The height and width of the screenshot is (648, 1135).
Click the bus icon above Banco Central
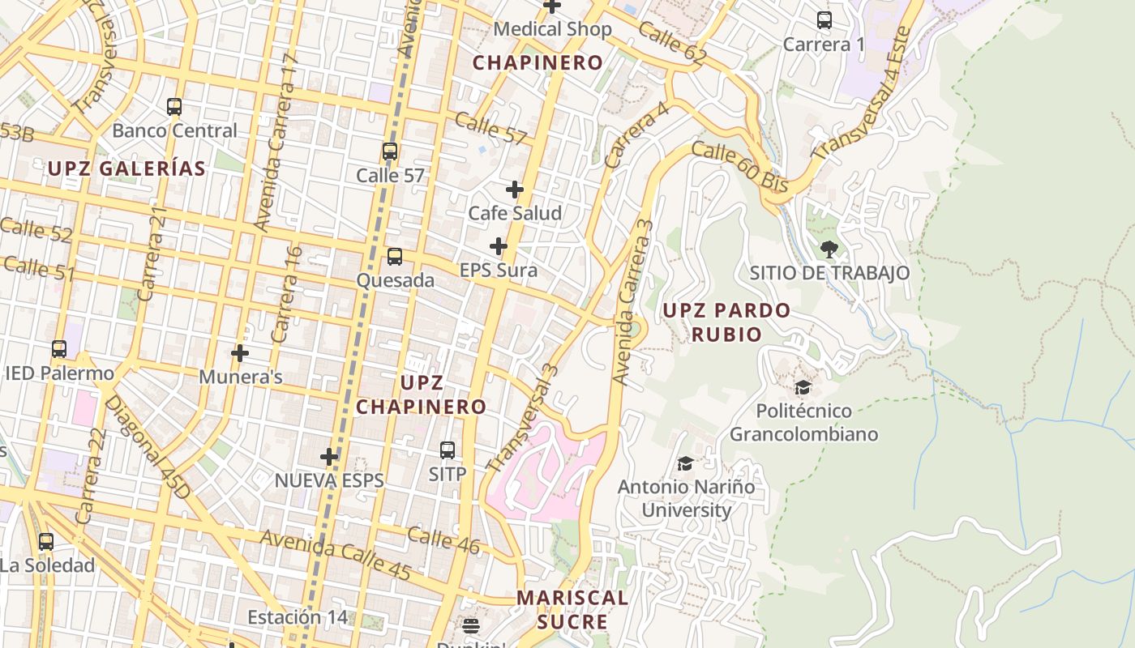pyautogui.click(x=174, y=106)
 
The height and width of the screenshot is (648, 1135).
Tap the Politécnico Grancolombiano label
pyautogui.click(x=803, y=422)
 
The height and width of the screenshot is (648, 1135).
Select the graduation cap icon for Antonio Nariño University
pyautogui.click(x=686, y=464)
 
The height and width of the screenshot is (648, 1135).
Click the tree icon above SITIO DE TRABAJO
pyautogui.click(x=829, y=249)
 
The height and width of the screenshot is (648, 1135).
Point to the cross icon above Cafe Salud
pyautogui.click(x=515, y=190)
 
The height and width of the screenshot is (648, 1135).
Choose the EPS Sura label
pyautogui.click(x=498, y=271)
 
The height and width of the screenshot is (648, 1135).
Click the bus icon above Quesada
pyautogui.click(x=395, y=257)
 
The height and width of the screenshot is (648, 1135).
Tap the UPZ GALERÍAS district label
pyautogui.click(x=126, y=168)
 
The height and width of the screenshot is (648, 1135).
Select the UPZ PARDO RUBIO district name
pyautogui.click(x=726, y=322)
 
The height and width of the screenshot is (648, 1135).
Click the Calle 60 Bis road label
pyautogui.click(x=739, y=168)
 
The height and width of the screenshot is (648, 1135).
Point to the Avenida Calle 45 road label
pyautogui.click(x=336, y=555)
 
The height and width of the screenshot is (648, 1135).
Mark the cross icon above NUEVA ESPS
pyautogui.click(x=329, y=457)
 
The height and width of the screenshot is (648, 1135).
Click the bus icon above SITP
pyautogui.click(x=448, y=450)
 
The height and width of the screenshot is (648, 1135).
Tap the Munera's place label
pyautogui.click(x=241, y=377)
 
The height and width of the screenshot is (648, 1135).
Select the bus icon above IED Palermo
pyautogui.click(x=59, y=349)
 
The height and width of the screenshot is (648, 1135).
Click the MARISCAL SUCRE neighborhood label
pyautogui.click(x=572, y=609)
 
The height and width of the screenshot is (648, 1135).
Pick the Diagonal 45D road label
pyautogui.click(x=148, y=446)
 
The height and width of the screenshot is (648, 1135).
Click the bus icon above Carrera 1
pyautogui.click(x=824, y=20)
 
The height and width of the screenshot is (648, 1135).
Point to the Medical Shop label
pyautogui.click(x=552, y=30)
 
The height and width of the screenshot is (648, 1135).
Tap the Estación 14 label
pyautogui.click(x=298, y=617)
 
